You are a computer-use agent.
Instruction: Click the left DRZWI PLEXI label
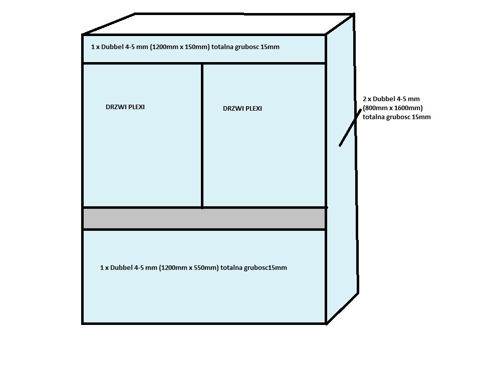click(x=125, y=107)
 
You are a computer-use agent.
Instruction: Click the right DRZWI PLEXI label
click(x=242, y=108)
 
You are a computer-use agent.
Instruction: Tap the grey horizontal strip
click(x=204, y=219)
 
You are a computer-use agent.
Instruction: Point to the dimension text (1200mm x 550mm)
click(x=189, y=267)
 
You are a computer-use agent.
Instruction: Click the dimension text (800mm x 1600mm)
click(x=393, y=108)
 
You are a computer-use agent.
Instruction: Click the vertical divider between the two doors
click(x=202, y=135)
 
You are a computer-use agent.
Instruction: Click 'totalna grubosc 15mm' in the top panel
click(x=245, y=47)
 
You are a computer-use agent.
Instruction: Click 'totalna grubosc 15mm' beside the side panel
click(x=397, y=117)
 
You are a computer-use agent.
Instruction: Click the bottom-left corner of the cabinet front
click(x=83, y=323)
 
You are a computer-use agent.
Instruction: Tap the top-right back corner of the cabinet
click(x=354, y=14)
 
